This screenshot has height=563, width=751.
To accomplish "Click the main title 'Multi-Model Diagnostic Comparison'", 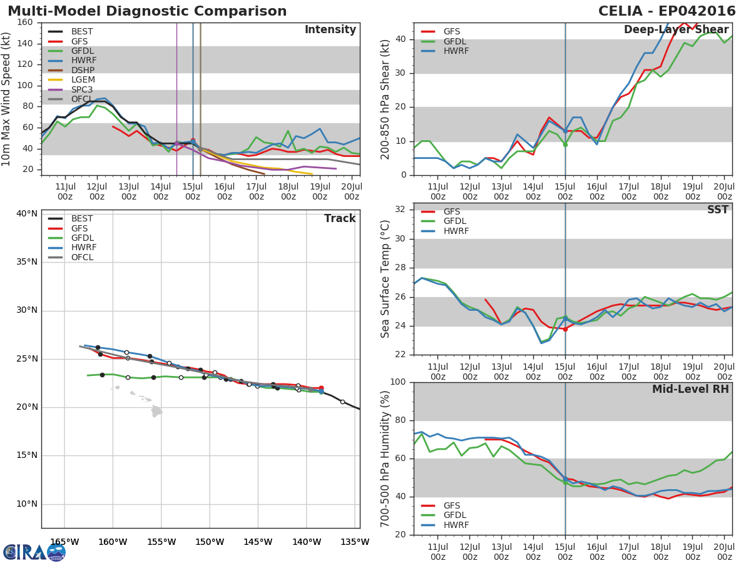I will [147, 11].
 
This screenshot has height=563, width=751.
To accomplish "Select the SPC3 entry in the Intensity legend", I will [82, 89].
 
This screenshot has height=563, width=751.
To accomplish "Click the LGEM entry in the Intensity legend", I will [82, 79].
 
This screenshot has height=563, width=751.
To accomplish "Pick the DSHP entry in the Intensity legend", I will [82, 70].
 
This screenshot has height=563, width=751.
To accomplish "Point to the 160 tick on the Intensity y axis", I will [26, 23].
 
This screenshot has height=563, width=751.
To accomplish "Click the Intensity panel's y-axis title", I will [7, 99].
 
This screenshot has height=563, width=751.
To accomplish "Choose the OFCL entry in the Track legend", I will [82, 257].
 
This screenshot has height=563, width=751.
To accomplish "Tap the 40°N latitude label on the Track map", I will [26, 213].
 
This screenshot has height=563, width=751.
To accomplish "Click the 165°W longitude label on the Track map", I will [64, 542].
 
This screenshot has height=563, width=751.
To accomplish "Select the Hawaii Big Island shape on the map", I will [156, 411].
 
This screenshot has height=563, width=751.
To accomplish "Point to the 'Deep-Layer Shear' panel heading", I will [676, 30].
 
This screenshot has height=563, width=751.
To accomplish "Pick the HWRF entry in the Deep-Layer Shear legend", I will [456, 51].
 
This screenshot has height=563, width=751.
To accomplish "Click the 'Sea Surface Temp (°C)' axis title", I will [386, 279].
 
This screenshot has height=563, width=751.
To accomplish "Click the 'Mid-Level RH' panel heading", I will [690, 389].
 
